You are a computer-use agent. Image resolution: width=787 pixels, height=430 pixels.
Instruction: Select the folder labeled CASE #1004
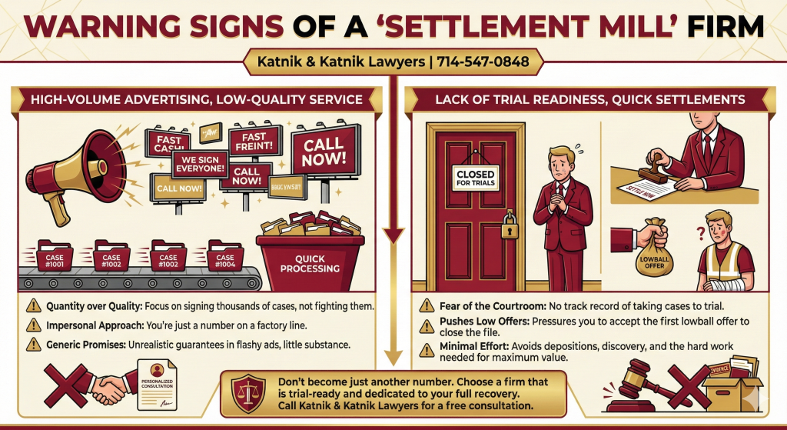pos(225,258)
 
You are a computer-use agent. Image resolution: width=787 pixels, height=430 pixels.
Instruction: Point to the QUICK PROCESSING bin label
pos(310,263)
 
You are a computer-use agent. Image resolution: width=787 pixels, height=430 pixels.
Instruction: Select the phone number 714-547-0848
pos(484,62)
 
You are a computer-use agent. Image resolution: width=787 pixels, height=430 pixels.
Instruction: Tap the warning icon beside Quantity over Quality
pos(34,305)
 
